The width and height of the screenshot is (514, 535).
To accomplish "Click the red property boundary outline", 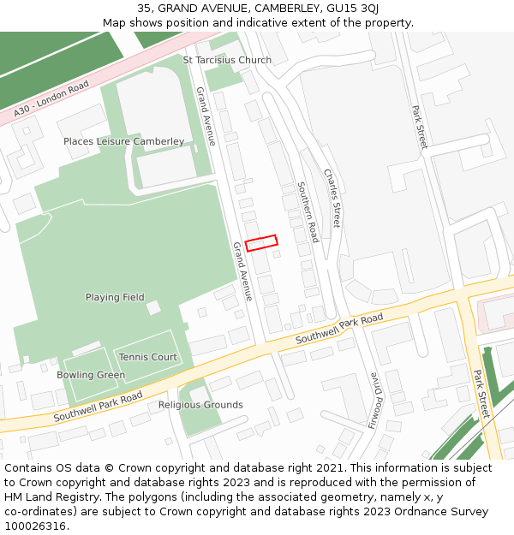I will pyautogui.click(x=261, y=243).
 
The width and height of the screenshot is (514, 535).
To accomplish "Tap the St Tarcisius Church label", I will pyautogui.click(x=227, y=60).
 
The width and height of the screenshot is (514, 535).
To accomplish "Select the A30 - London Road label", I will pyautogui.click(x=51, y=99).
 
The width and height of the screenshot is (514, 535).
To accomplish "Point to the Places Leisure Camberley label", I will pyautogui.click(x=123, y=141).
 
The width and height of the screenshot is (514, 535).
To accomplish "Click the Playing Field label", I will pyautogui.click(x=115, y=297).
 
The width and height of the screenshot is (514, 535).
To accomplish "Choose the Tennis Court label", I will pyautogui.click(x=148, y=357).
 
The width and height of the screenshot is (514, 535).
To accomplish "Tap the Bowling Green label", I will pyautogui.click(x=91, y=375).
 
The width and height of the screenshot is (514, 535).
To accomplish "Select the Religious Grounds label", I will pyautogui.click(x=200, y=405).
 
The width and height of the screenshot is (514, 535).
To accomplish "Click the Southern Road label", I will pyautogui.click(x=308, y=211).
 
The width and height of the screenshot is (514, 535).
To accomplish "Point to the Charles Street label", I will pyautogui.click(x=332, y=198).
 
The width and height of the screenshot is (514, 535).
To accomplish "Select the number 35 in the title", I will pyautogui.click(x=143, y=9).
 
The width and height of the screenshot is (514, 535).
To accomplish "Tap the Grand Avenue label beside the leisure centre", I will pyautogui.click(x=206, y=116).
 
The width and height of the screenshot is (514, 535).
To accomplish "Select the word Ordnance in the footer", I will pyautogui.click(x=415, y=511).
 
